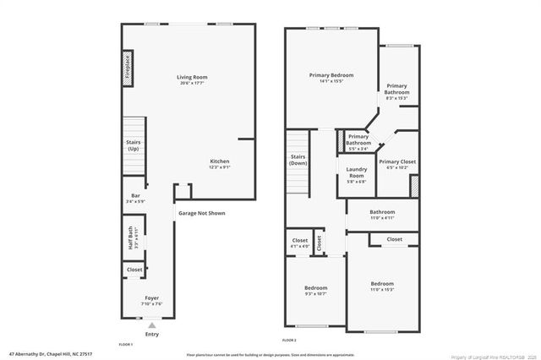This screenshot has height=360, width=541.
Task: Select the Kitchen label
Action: pos(220,164)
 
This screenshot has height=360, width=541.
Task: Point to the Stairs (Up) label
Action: pos(134,145)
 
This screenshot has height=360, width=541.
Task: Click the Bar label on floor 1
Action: pos(135,199)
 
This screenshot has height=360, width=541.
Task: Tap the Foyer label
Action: pos(150,300)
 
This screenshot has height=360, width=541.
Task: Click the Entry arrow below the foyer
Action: pos(151,325)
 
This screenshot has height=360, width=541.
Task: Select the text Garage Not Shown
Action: pos(201,213)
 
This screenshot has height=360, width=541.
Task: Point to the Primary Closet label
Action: pos(396,164)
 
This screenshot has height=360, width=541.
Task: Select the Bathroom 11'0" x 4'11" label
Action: pos(382,215)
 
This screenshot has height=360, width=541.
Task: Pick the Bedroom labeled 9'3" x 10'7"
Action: pos(314,291)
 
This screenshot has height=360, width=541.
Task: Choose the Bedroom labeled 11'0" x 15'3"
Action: pos(382,286)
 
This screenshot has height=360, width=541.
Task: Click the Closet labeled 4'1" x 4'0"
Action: pos(300,243)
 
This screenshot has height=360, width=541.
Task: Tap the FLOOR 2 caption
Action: pos(289,340)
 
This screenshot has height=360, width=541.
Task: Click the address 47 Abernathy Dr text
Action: pos(51,354)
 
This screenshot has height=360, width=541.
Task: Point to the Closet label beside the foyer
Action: pos(134,270)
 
